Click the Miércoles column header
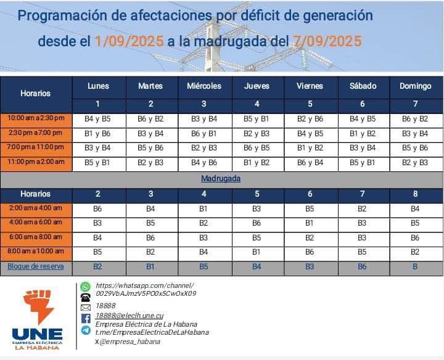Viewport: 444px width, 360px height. (203, 86)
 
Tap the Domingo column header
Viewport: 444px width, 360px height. (415, 86)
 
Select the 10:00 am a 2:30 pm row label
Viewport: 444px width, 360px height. (36, 118)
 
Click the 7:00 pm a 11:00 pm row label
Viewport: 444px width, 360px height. (36, 147)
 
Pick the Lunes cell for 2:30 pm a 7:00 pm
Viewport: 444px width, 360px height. (97, 133)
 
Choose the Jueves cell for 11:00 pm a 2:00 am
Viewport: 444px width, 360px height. (257, 162)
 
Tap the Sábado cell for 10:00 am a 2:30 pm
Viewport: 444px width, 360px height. (362, 118)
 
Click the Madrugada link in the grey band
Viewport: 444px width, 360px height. (221, 179)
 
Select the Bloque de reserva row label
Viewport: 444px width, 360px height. (36, 266)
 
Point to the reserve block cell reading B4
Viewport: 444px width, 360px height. (257, 266)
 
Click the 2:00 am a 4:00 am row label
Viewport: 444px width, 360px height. (36, 208)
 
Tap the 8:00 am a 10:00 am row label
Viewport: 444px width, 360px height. (36, 252)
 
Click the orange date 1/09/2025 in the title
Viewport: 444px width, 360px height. (129, 41)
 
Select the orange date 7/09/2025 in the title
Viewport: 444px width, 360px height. (327, 41)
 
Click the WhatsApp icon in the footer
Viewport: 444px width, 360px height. (85, 287)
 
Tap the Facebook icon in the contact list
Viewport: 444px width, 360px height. (86, 318)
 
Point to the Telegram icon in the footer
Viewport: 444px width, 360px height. (86, 330)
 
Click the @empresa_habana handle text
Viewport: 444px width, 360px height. (130, 341)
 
